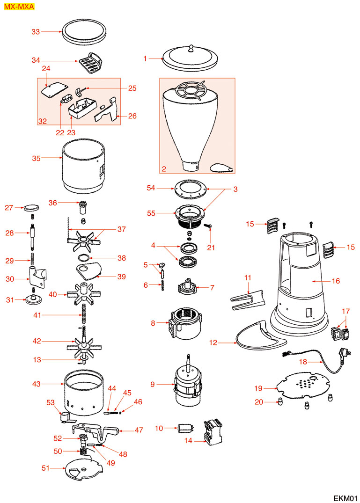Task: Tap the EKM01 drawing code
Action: tap(345, 497)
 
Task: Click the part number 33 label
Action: tap(36, 32)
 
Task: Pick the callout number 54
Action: tap(151, 188)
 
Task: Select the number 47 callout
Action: tap(139, 430)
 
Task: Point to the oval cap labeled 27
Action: tap(31, 206)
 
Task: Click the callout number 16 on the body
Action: tap(336, 281)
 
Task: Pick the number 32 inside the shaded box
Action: tap(43, 121)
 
